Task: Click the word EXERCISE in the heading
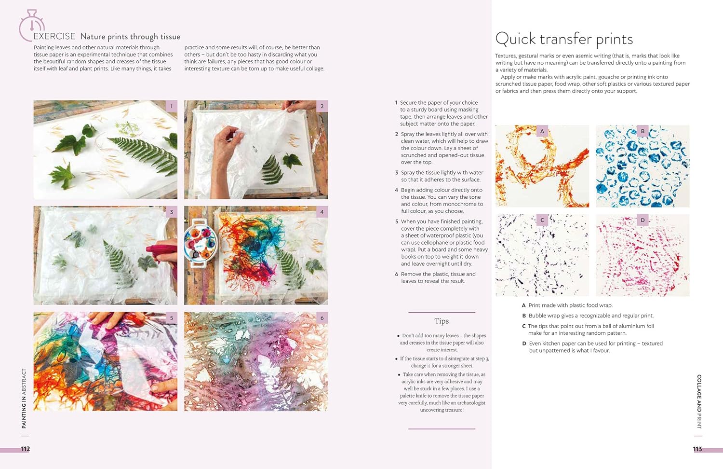[54, 36]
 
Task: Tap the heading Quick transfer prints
[564, 40]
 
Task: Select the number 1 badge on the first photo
[172, 106]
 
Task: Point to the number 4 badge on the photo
[322, 212]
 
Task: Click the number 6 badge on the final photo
[322, 318]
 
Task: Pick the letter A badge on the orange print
[542, 131]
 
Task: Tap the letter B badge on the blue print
[643, 131]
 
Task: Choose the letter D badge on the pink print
[643, 220]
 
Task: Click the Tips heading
[442, 321]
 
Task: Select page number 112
[26, 449]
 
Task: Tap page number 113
[697, 449]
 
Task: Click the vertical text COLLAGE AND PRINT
[699, 401]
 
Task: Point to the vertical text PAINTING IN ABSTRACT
[24, 399]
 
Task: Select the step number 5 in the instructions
[397, 221]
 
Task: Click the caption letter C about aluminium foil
[524, 326]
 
